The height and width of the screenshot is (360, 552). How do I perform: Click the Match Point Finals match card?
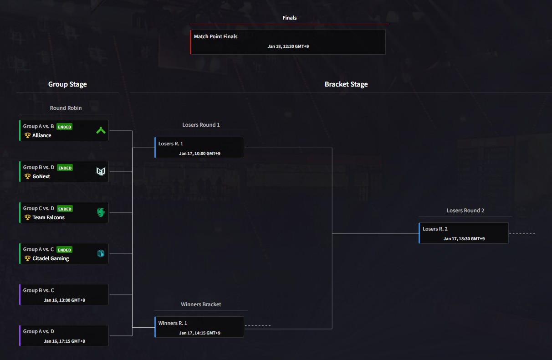(x=288, y=42)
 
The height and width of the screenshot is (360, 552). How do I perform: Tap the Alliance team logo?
(x=101, y=131)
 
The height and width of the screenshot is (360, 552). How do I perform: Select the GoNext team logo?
(x=101, y=171)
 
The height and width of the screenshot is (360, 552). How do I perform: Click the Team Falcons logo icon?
(x=101, y=212)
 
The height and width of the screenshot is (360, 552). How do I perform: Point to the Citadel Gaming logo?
(x=101, y=253)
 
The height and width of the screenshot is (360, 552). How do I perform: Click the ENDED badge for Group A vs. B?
(x=64, y=127)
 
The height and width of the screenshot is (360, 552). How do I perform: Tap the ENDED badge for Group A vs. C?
(x=64, y=250)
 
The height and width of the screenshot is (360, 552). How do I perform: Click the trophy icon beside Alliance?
(x=27, y=135)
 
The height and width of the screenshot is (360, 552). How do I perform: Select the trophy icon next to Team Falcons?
(x=27, y=217)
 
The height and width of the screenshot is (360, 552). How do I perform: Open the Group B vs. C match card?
(x=64, y=295)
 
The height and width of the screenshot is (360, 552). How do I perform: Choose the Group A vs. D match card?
(x=64, y=336)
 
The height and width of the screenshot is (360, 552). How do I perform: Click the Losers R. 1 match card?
(x=199, y=148)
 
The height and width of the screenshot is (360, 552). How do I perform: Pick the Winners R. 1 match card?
(x=199, y=327)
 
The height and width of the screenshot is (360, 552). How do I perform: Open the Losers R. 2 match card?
(x=464, y=233)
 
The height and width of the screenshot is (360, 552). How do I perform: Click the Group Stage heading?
(x=67, y=84)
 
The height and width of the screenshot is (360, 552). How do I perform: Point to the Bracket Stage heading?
(x=346, y=84)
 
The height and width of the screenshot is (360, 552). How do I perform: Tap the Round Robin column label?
(x=66, y=108)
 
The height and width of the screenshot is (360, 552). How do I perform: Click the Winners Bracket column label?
(x=201, y=304)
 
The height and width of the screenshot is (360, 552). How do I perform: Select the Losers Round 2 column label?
(x=465, y=211)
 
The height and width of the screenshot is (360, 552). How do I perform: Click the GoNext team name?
(x=41, y=176)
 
